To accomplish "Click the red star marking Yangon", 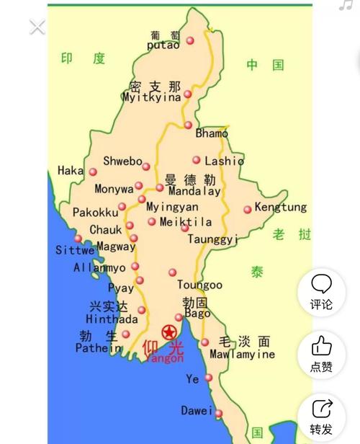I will [169, 333].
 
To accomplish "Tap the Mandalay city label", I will [194, 192].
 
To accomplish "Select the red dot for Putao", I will [190, 40].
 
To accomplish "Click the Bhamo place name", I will [212, 133].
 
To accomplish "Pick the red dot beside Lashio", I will [196, 160].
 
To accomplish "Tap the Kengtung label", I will [281, 208].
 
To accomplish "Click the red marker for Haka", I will [93, 172].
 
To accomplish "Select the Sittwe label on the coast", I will [75, 251].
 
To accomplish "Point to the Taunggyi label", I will [212, 239].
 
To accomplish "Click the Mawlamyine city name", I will [242, 355].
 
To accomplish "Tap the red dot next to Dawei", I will [219, 413].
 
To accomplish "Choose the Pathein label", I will [99, 348].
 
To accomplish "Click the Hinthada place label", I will [111, 319].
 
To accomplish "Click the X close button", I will [37, 27].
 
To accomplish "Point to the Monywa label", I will [114, 189].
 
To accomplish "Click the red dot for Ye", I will [208, 378].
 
